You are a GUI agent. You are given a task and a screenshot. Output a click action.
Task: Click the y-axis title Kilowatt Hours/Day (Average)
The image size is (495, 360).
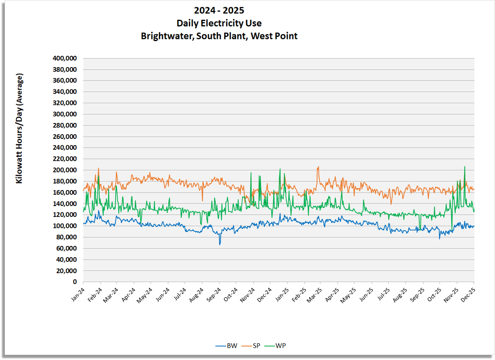pos(19,128)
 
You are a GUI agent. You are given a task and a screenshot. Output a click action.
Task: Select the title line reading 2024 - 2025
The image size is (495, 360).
pos(219,10)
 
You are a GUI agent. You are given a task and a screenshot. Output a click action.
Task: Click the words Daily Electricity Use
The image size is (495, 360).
pos(219,23)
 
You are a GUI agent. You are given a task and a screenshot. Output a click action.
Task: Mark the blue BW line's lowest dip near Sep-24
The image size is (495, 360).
pos(219,244)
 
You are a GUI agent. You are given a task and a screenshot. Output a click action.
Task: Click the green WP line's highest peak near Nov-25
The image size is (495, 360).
pos(464,167)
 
